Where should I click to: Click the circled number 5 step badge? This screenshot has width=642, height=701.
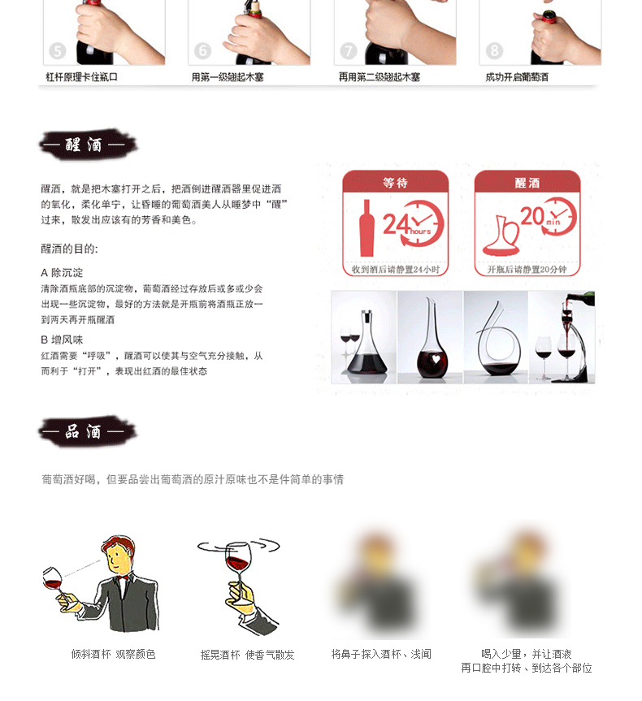click(57, 51)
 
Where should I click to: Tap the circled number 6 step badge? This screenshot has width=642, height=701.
click(202, 51)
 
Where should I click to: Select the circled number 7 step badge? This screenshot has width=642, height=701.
click(349, 51)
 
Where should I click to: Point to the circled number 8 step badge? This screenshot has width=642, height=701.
click(494, 51)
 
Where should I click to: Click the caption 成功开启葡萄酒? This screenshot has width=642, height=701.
click(517, 77)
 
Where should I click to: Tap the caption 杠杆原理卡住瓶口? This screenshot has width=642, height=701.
click(81, 77)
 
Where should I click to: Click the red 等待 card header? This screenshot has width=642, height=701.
click(395, 182)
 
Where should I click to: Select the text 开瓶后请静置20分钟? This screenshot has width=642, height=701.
click(527, 269)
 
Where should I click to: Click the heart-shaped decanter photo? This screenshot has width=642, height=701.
click(430, 337)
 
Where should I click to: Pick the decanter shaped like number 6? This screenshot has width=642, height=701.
click(495, 337)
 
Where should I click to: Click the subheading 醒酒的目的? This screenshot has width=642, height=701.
click(69, 249)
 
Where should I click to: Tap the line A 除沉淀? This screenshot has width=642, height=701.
click(62, 273)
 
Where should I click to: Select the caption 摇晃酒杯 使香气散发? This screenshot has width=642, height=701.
click(248, 655)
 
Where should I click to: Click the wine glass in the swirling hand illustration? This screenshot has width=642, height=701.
click(238, 560)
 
